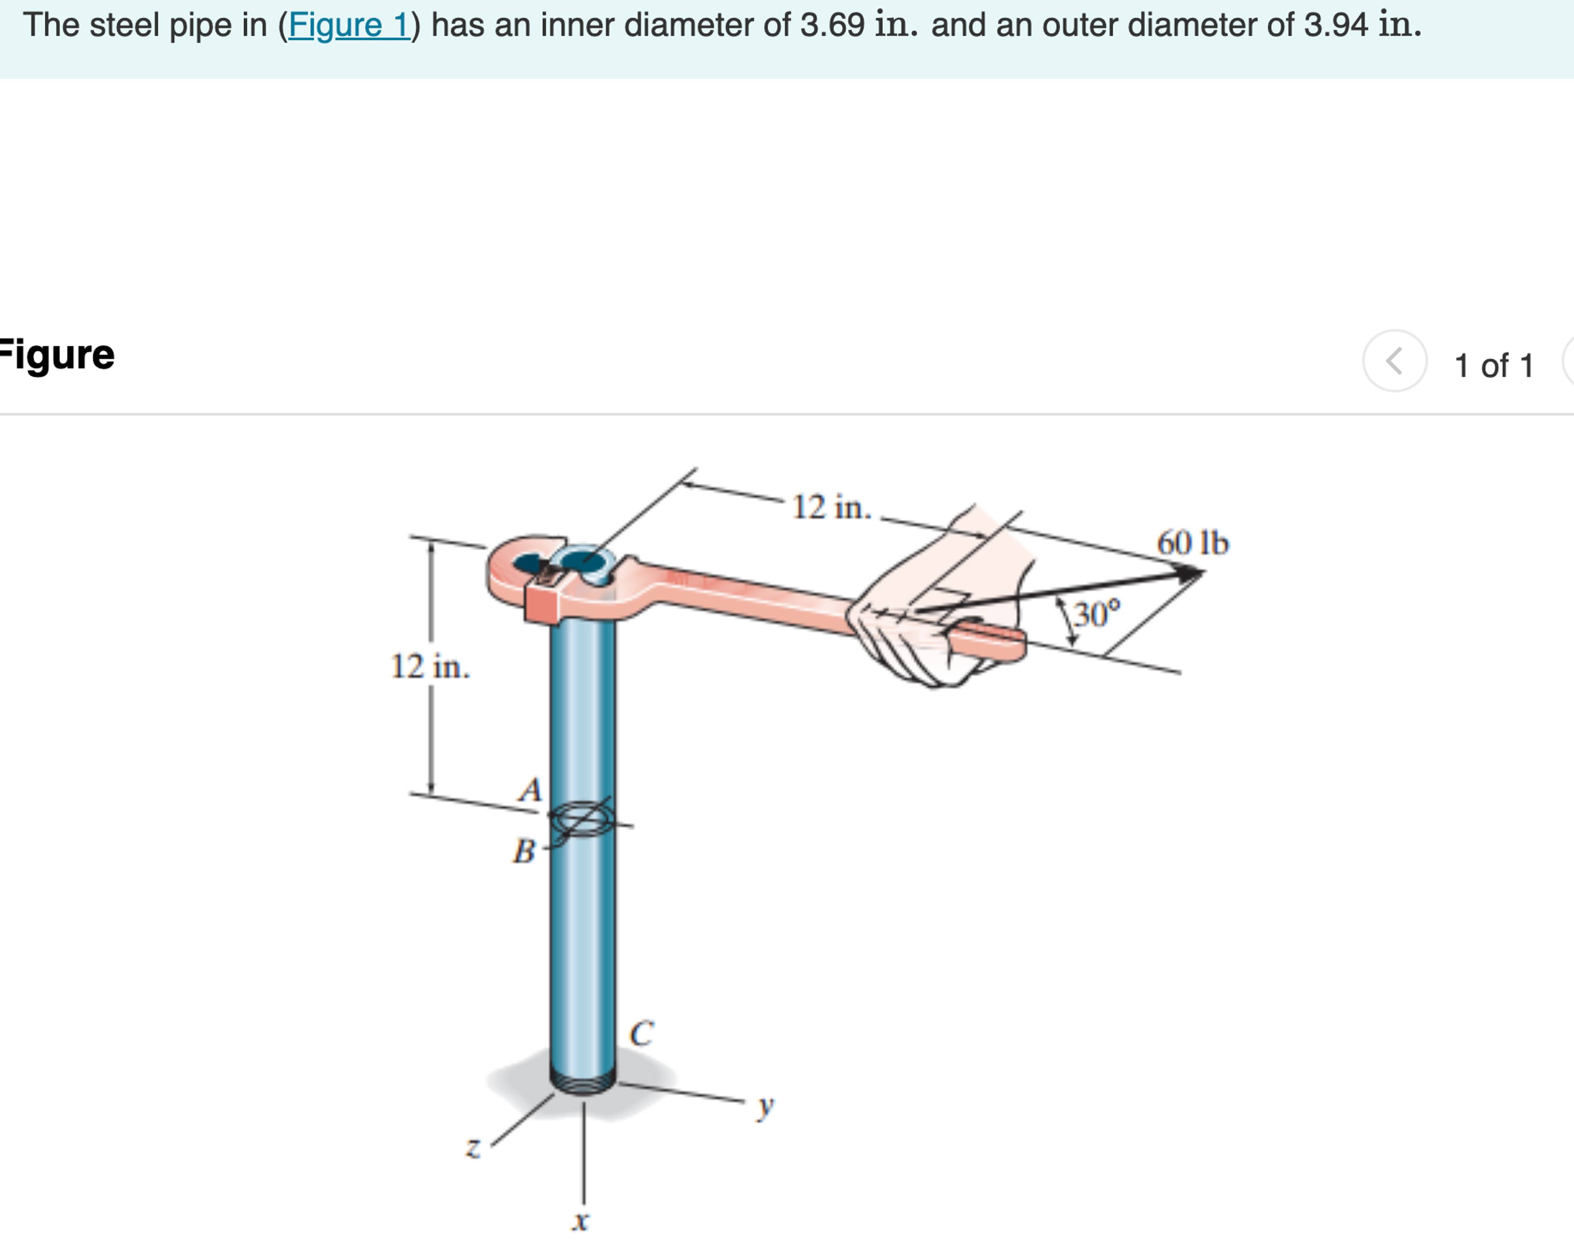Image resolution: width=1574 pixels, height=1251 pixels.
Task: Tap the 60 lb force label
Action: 1192,543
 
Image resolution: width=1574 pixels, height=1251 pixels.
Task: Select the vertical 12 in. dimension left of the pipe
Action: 430,666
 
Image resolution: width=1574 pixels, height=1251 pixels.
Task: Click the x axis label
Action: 580,1220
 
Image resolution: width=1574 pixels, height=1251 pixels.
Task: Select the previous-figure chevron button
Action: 1394,361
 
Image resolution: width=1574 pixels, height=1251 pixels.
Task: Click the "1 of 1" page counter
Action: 1494,365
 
